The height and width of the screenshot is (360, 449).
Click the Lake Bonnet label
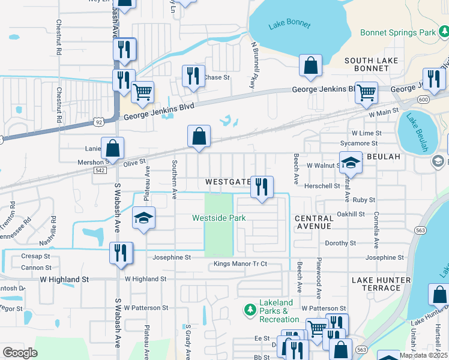click(x=291, y=25)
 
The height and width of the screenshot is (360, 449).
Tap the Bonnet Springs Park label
click(x=398, y=32)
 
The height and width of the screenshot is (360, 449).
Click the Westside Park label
click(x=218, y=218)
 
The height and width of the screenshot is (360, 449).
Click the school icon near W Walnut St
click(x=351, y=163)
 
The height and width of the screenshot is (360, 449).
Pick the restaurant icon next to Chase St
click(x=192, y=76)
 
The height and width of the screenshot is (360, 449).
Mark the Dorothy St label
click(x=340, y=244)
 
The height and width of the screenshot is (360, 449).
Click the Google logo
click(x=20, y=352)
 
